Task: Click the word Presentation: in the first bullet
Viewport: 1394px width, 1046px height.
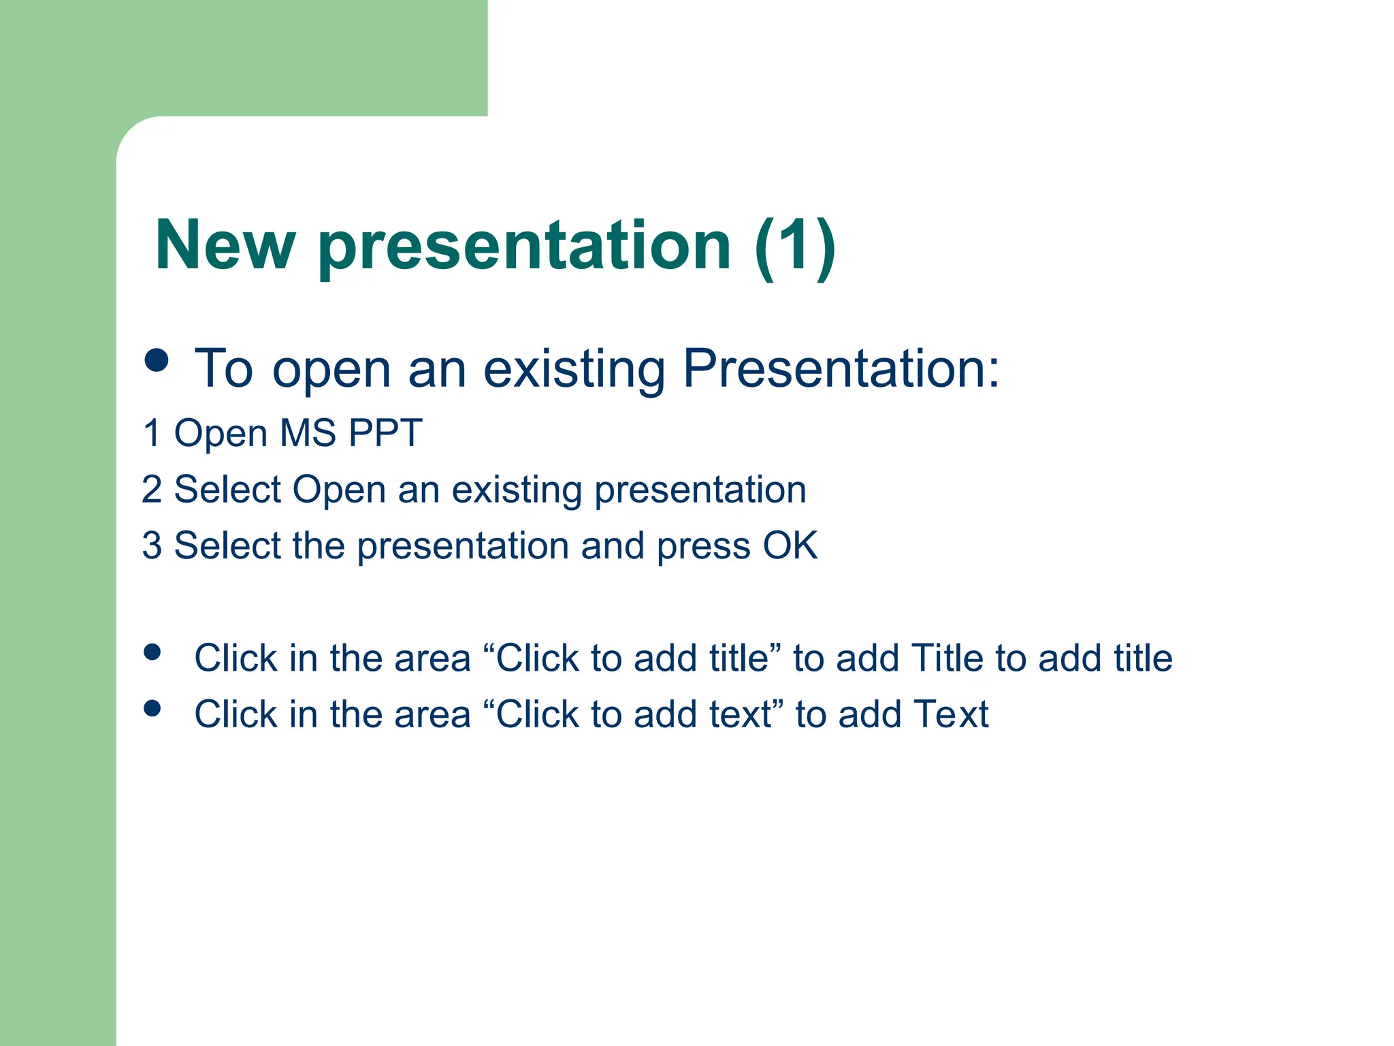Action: [x=841, y=368]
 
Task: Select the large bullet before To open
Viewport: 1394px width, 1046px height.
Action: [x=157, y=360]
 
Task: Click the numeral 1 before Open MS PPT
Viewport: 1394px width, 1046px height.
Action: [x=152, y=433]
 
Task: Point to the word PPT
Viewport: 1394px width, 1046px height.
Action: [x=385, y=433]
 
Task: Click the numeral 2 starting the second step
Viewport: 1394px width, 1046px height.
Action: [x=152, y=490]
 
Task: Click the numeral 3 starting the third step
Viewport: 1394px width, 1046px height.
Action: [x=152, y=546]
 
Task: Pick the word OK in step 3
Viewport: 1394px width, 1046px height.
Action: [x=790, y=546]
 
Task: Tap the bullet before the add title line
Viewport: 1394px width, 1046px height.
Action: [x=152, y=652]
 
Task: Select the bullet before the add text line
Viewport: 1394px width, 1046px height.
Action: [x=152, y=709]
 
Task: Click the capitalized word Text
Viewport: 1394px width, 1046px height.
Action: [x=950, y=715]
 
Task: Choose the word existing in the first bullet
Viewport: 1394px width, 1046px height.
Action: [x=574, y=368]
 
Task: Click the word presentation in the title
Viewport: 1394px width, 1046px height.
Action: [x=524, y=247]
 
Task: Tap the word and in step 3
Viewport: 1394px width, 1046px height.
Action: [x=613, y=546]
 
